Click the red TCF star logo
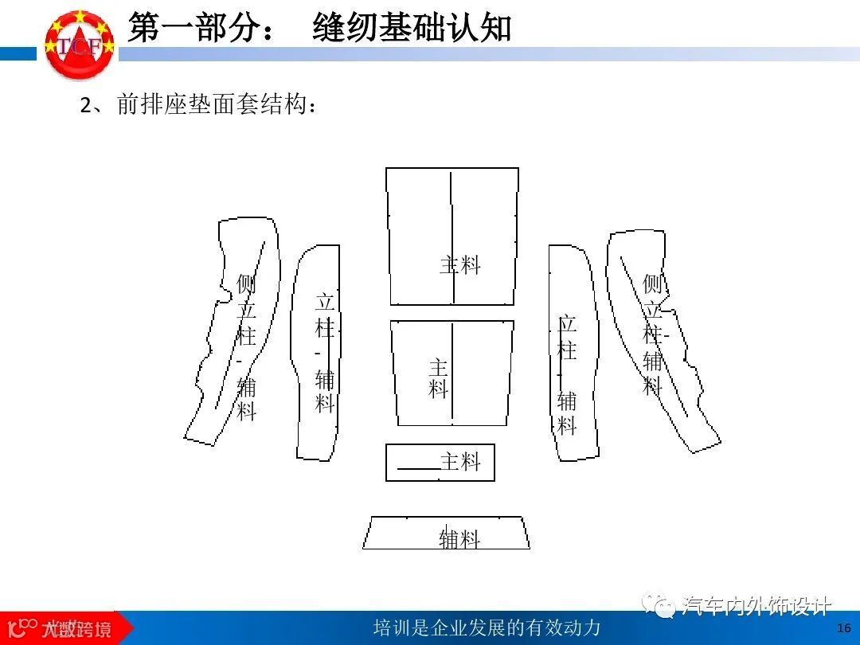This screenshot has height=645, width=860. tap(79, 44)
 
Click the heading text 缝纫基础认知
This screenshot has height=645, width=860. tap(412, 29)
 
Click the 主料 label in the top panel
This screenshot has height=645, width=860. tap(460, 265)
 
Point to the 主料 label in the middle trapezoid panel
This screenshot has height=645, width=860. tap(439, 378)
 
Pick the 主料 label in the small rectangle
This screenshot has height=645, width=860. tap(461, 462)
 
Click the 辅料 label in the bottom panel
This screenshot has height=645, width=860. tap(460, 539)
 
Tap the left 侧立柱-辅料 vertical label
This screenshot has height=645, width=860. tap(247, 346)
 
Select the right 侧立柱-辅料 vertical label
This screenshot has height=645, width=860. tap(653, 334)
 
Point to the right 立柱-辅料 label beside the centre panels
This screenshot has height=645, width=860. tap(567, 374)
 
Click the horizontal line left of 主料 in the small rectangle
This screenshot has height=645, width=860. tap(418, 469)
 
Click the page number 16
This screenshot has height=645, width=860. tap(844, 627)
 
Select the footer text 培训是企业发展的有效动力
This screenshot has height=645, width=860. tap(487, 627)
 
